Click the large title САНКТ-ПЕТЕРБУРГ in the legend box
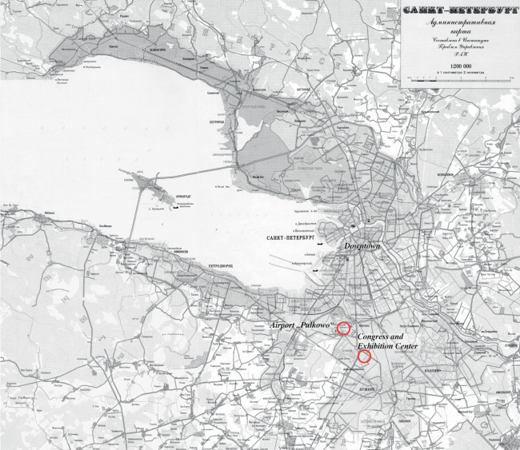point(457,10)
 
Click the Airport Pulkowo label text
point(302,326)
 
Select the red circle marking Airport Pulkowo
point(343,328)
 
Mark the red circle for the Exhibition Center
point(364,357)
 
